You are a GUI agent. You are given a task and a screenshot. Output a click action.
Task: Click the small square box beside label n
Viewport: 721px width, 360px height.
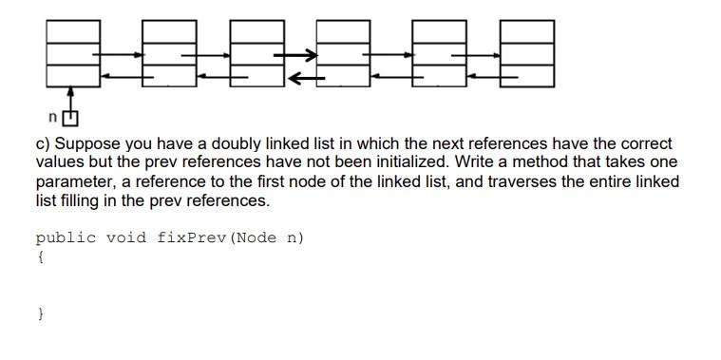click(x=70, y=119)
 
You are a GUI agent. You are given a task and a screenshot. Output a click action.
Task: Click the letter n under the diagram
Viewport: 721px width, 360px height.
click(x=53, y=118)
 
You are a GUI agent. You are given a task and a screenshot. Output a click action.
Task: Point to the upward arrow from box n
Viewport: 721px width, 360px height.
click(x=70, y=99)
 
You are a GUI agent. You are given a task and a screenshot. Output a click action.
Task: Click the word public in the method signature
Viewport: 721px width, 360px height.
click(x=66, y=237)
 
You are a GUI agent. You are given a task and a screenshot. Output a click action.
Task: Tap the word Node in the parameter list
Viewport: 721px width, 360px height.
click(x=255, y=237)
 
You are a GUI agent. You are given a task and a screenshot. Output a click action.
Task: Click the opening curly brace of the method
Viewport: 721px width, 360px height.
click(x=39, y=256)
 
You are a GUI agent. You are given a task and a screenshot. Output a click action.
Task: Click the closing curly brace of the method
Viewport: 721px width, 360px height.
click(x=39, y=313)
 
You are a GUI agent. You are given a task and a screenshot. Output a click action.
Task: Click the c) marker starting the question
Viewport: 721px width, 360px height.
click(x=43, y=144)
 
